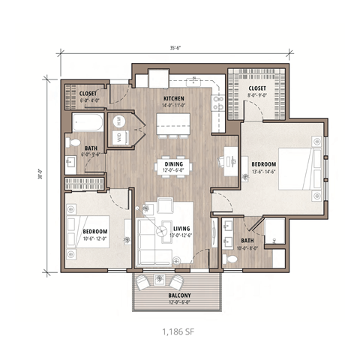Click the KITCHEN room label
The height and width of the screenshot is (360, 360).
tap(175, 98)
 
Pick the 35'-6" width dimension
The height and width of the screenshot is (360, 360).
tap(175, 48)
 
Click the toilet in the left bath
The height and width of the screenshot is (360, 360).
tap(73, 142)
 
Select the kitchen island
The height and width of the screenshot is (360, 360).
tap(174, 122)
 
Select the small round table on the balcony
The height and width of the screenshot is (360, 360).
tap(162, 279)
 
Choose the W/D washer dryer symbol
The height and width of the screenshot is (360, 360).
tap(119, 136)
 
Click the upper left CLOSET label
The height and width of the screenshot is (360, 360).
tap(88, 94)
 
